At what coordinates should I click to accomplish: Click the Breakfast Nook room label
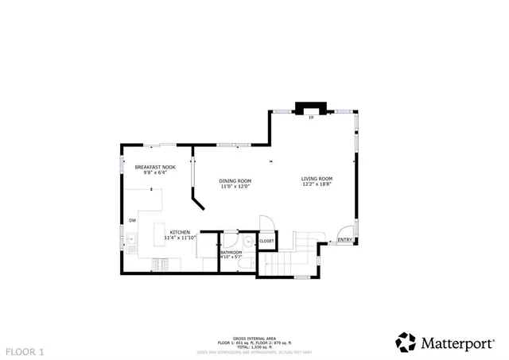click(x=154, y=167)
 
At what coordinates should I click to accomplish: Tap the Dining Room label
click(x=235, y=180)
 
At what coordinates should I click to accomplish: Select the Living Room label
click(x=317, y=178)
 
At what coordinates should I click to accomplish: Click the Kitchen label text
click(x=179, y=231)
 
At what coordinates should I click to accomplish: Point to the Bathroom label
click(x=231, y=252)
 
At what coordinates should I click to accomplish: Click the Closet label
click(x=266, y=241)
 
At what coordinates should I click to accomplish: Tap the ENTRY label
click(x=344, y=240)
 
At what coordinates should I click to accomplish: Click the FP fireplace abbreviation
click(x=312, y=118)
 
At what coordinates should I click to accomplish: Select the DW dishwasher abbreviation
click(x=133, y=220)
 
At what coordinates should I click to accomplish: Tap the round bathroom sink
click(x=247, y=242)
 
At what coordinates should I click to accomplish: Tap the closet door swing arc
click(x=266, y=225)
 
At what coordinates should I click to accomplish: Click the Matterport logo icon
click(x=406, y=342)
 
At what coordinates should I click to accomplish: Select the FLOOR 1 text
click(x=25, y=350)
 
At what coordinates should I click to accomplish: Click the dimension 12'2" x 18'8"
click(x=317, y=184)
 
